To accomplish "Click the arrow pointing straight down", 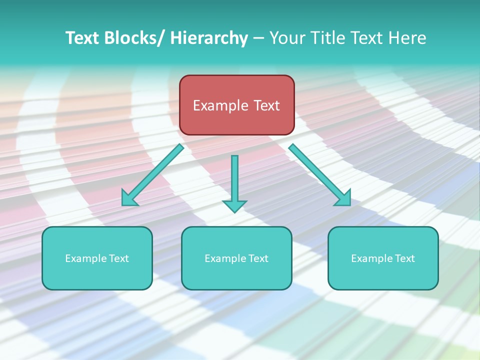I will [234, 182].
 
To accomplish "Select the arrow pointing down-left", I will [153, 175].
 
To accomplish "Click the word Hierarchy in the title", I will [209, 38].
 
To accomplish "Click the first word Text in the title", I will [83, 38].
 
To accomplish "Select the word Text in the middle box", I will [258, 258].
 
